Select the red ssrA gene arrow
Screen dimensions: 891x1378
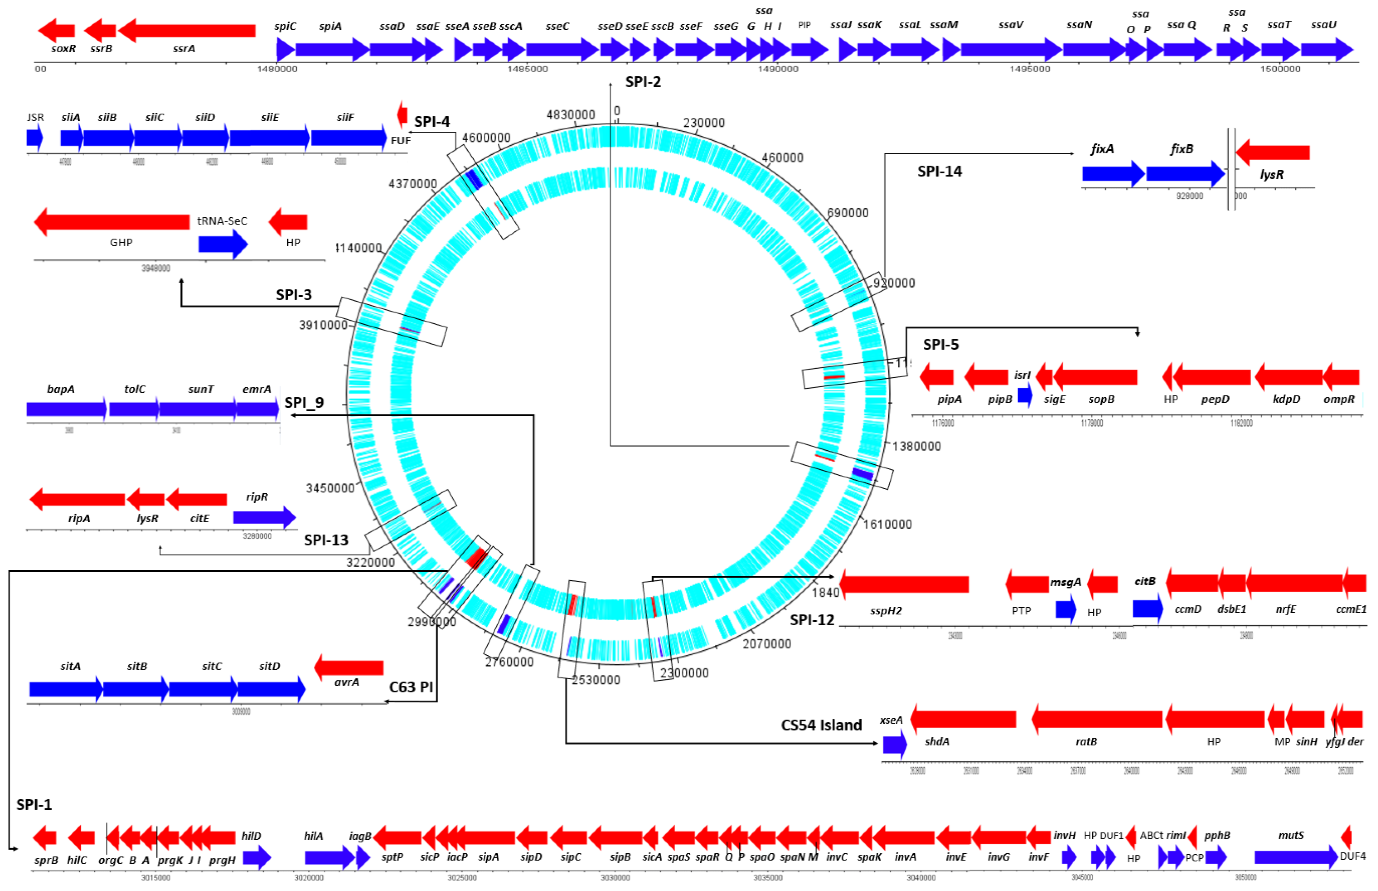point(186,31)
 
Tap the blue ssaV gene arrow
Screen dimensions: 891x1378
point(1010,50)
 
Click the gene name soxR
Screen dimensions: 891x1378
point(63,49)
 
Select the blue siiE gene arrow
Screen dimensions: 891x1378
point(269,138)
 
